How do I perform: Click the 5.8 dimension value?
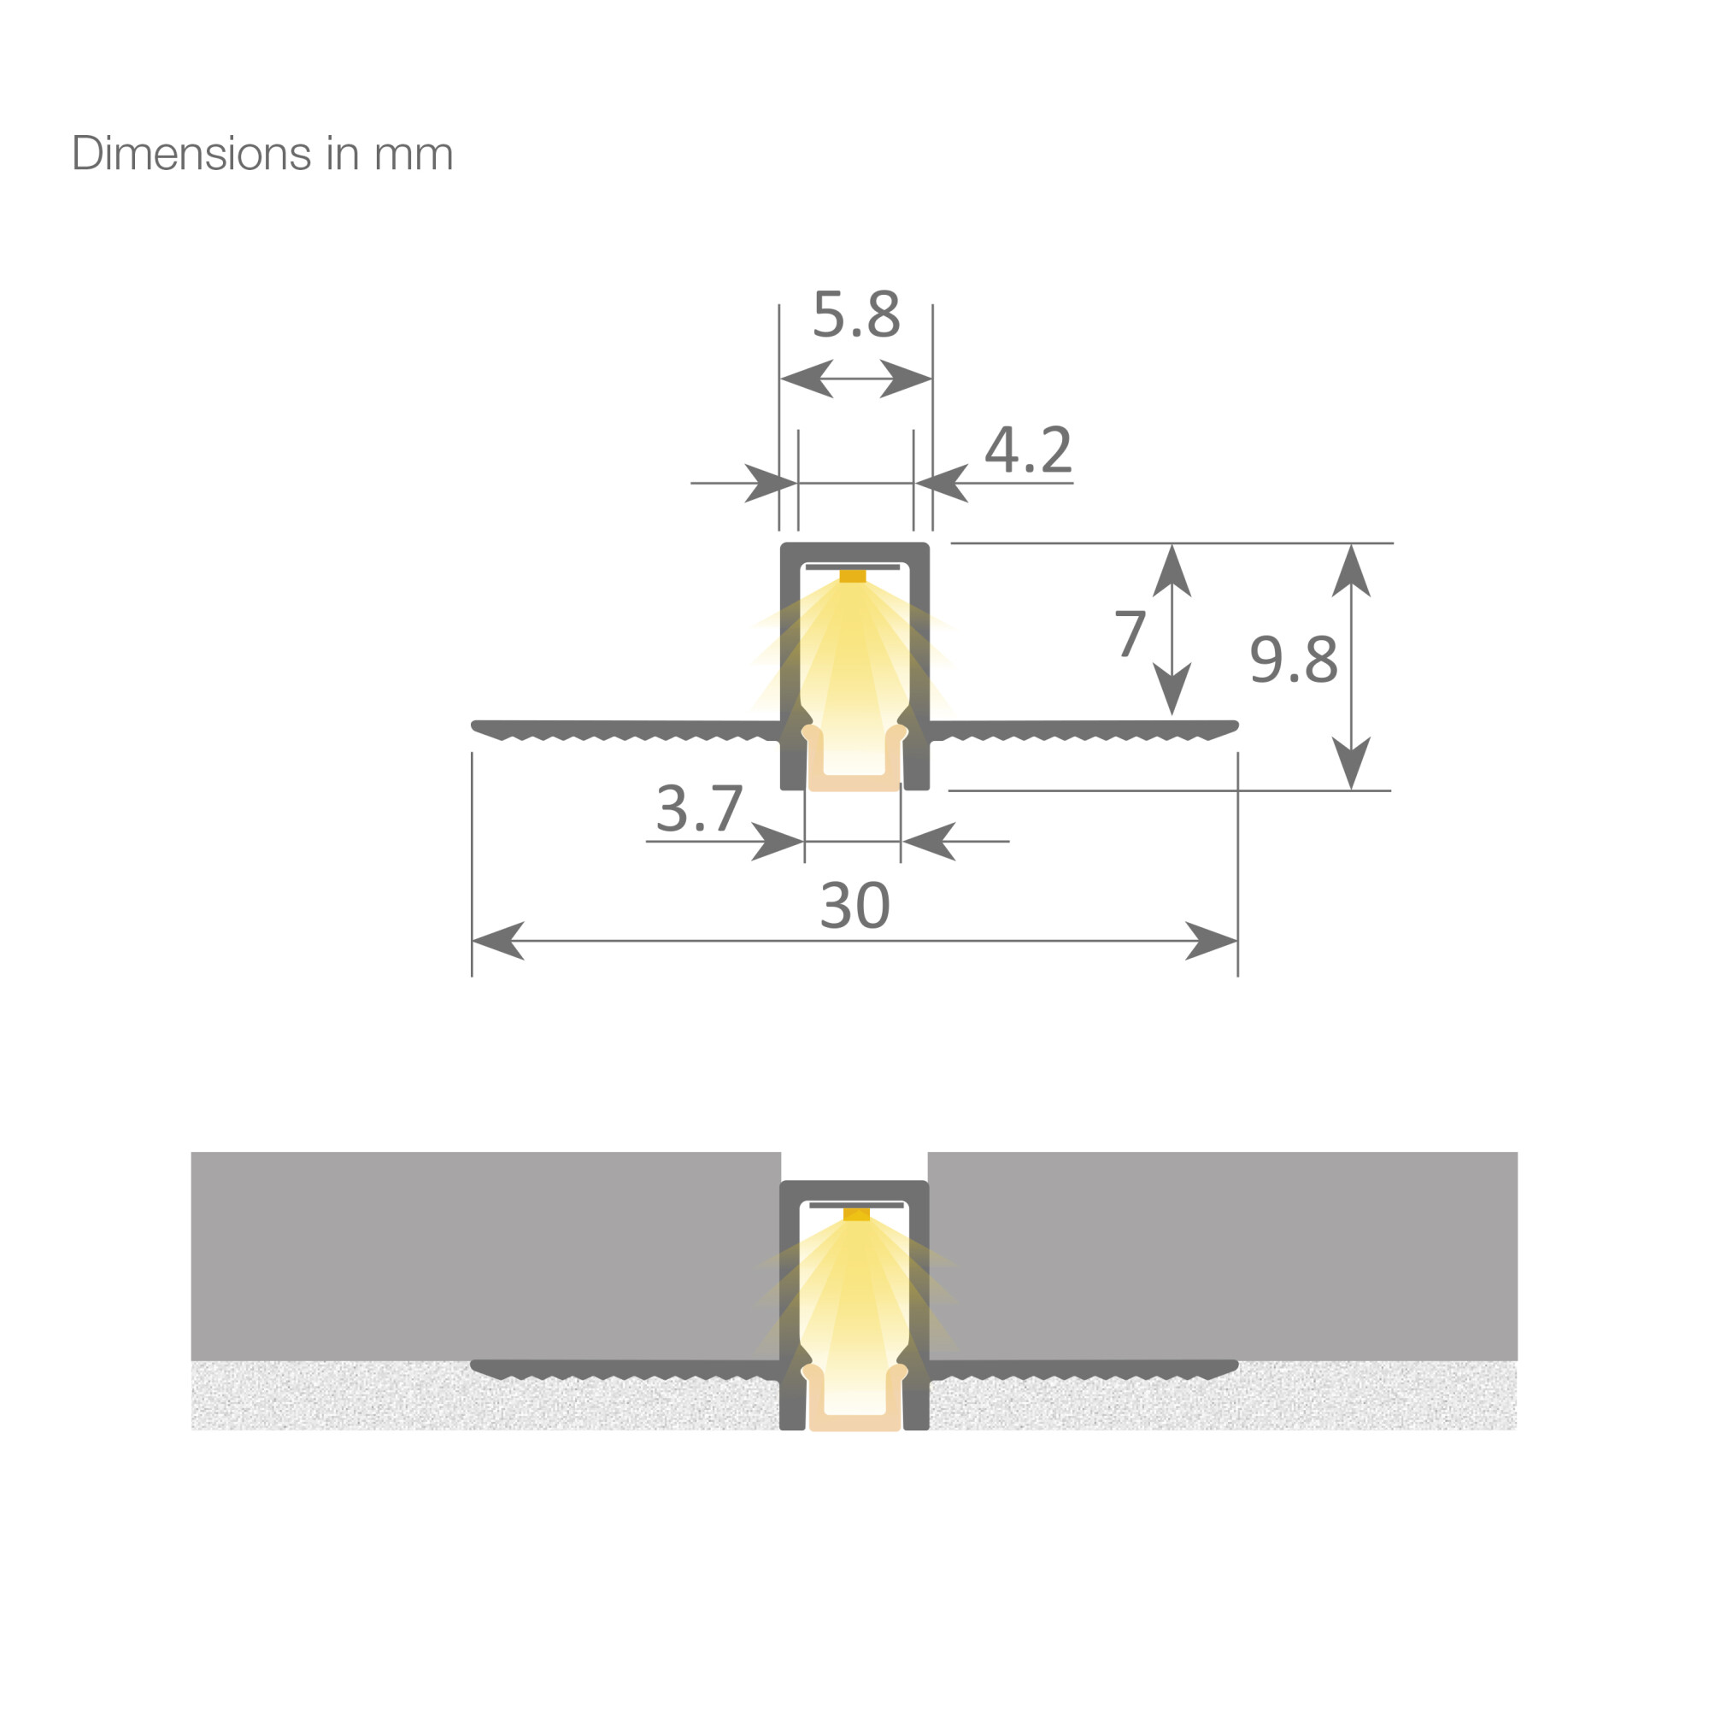[855, 313]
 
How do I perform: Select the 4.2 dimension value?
[1028, 449]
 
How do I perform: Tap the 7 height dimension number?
[1130, 633]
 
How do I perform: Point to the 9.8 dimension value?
[1292, 659]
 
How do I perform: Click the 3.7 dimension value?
[699, 808]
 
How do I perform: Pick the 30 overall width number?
[854, 905]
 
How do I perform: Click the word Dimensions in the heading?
[191, 154]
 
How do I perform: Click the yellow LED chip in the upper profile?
[853, 576]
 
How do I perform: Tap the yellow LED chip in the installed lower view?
[856, 1214]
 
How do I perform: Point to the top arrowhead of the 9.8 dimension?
[1351, 571]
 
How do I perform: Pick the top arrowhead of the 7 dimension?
[1172, 571]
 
